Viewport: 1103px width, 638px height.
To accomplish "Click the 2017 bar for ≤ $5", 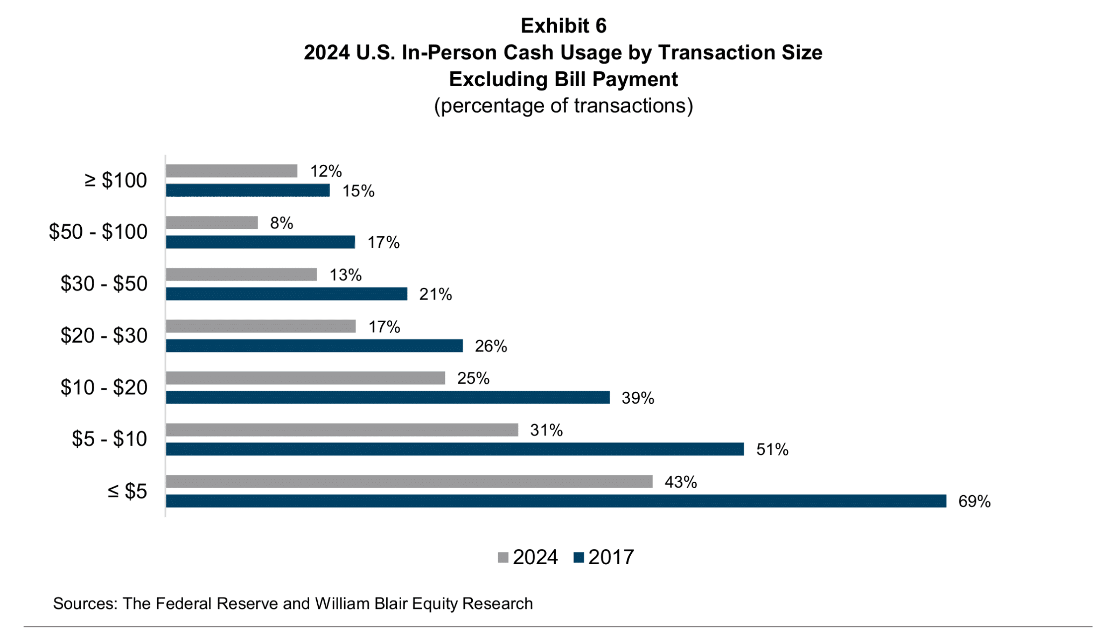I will [555, 501].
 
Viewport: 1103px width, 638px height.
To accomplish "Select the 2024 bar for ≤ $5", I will [409, 482].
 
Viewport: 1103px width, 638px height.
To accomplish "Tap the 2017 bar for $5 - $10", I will [455, 449].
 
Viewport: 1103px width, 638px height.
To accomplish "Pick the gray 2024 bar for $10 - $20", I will [305, 378].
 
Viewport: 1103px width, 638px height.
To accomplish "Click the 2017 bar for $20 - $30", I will [314, 346].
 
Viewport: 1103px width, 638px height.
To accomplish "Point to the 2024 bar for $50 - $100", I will [212, 223].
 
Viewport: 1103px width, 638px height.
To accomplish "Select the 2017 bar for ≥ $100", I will [248, 191].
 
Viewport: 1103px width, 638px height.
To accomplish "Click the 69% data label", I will [974, 502].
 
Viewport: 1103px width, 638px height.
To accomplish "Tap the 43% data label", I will [681, 482].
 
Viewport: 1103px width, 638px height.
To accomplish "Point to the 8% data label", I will [282, 223].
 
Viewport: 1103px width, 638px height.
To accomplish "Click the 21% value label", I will [436, 294].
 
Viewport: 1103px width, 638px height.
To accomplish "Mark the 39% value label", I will [638, 398].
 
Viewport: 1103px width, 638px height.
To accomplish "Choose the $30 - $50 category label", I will [104, 283].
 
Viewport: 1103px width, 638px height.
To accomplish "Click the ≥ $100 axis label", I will [116, 181].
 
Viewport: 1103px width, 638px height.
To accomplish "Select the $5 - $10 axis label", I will [109, 439].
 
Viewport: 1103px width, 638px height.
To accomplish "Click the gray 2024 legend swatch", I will [503, 558].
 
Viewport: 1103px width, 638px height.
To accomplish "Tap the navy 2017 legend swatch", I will [579, 558].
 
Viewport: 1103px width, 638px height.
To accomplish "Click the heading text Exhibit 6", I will [563, 25].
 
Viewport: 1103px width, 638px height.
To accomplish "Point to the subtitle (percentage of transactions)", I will [563, 106].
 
